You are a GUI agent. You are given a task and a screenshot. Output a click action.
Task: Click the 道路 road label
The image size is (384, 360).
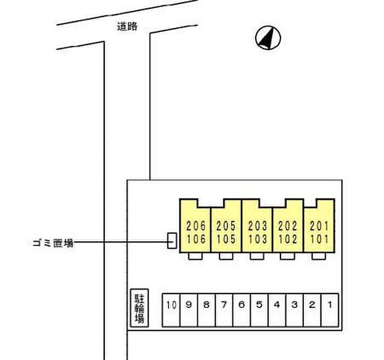tap(127, 26)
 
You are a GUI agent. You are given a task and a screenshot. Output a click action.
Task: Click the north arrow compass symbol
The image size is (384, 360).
tap(268, 38)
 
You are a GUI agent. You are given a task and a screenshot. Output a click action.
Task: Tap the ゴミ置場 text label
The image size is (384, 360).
tap(53, 243)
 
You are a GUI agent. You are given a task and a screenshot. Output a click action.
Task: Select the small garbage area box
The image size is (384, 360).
tap(172, 241)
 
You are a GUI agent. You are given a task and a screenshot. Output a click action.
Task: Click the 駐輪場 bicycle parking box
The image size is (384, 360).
tap(139, 308)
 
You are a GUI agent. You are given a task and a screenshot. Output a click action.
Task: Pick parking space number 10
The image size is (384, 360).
tap(171, 310)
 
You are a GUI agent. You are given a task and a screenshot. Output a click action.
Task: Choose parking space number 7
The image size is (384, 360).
tap(224, 310)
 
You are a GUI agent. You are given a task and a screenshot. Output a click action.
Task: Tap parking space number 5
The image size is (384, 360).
tap(259, 310)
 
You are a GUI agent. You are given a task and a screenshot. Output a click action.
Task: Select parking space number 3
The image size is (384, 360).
tap(295, 310)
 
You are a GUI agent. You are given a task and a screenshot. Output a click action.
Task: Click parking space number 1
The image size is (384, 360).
tap(330, 310)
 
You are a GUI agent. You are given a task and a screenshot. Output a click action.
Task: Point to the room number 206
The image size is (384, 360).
tap(196, 226)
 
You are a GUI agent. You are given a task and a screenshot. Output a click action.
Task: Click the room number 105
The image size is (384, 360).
tap(226, 239)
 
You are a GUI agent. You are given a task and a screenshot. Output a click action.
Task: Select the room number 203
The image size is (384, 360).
tap(257, 226)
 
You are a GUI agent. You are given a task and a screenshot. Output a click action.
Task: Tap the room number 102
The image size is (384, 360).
tap(287, 239)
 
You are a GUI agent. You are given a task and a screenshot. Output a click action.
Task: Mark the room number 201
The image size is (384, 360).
tap(319, 226)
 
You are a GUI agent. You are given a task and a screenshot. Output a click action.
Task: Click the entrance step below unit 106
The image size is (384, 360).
tap(195, 256)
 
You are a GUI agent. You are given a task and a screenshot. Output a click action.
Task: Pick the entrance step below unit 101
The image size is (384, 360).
tap(319, 256)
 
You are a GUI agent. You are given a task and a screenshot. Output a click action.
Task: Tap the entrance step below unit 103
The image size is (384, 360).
tap(257, 256)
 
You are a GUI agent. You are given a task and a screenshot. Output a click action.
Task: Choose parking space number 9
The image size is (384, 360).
tap(189, 310)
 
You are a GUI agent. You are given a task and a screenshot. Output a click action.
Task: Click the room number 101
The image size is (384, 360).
tap(319, 239)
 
